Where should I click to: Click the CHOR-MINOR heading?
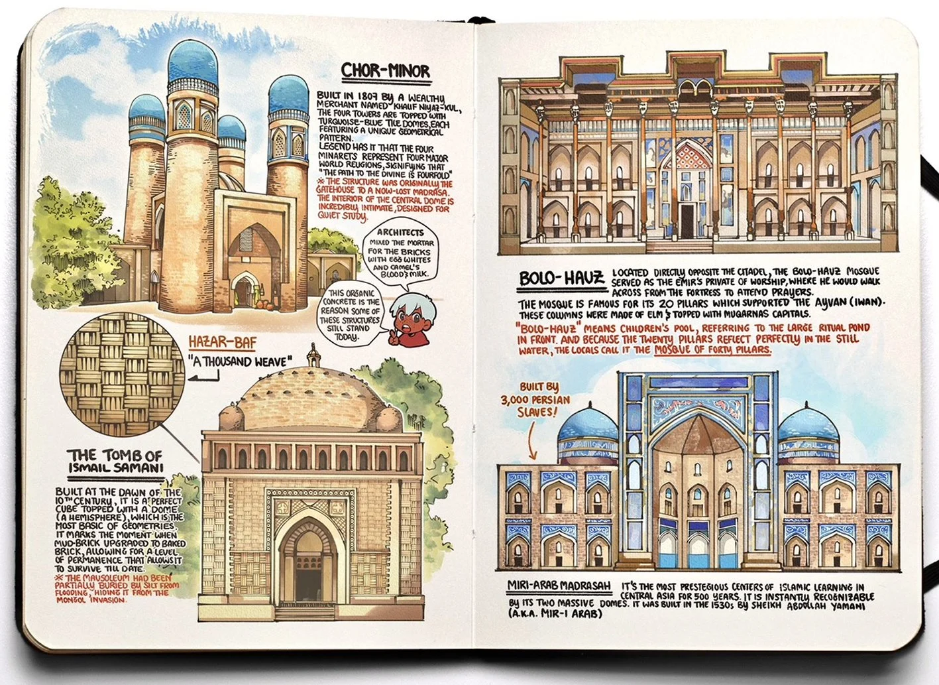(385, 71)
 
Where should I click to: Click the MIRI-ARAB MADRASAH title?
(559, 586)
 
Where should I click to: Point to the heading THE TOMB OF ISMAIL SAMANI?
(115, 461)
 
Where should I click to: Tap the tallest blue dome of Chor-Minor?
(193, 64)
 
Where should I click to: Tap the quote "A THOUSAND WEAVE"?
(239, 362)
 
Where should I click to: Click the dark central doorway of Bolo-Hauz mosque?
(687, 221)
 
